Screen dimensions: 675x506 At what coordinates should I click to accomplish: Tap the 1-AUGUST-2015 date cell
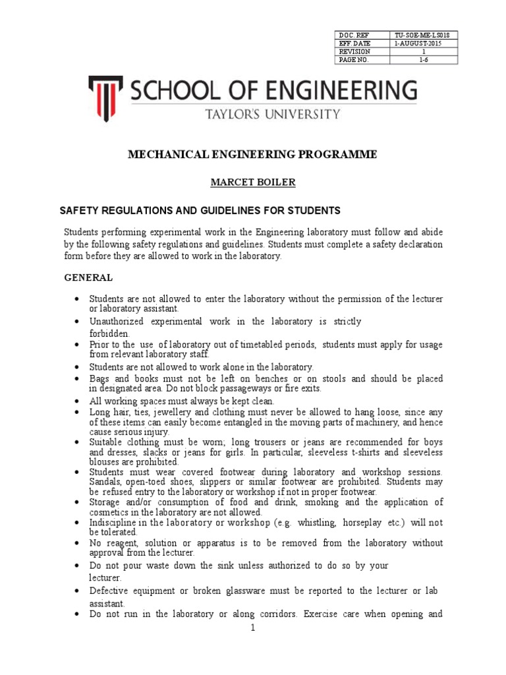[x=418, y=44]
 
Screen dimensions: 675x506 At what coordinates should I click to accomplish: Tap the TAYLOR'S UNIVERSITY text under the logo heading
[x=273, y=113]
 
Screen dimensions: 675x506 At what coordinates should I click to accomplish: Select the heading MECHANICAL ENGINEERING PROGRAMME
[x=252, y=154]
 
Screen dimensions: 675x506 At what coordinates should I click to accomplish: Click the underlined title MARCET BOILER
[x=252, y=181]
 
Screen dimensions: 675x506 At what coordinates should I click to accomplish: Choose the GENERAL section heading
[x=88, y=278]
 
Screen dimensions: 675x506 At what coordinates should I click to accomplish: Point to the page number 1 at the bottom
[x=252, y=628]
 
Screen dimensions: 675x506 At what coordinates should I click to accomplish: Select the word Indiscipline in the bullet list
[x=113, y=523]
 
